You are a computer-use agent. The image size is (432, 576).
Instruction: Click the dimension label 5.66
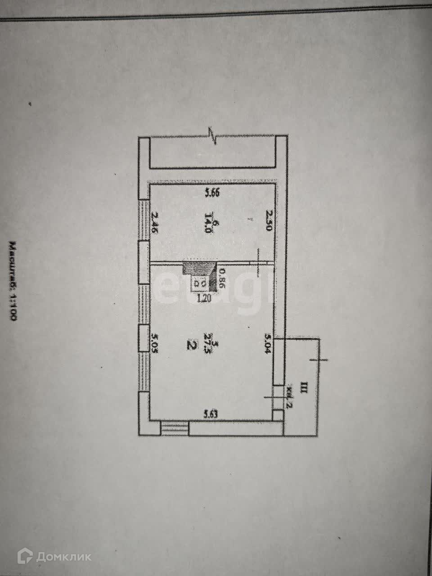pos(212,194)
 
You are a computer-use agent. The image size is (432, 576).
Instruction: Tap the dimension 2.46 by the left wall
pos(155,222)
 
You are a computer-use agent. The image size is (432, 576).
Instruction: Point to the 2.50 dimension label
pos(269,220)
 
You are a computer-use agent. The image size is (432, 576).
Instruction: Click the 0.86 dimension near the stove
pos(221,278)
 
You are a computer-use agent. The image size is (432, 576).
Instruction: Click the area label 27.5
pos(208,345)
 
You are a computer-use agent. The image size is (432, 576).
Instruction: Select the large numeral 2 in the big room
pos(191,346)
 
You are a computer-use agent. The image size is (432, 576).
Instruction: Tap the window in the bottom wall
pos(174,428)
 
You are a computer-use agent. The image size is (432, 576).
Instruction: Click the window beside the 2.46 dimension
pos(144,220)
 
